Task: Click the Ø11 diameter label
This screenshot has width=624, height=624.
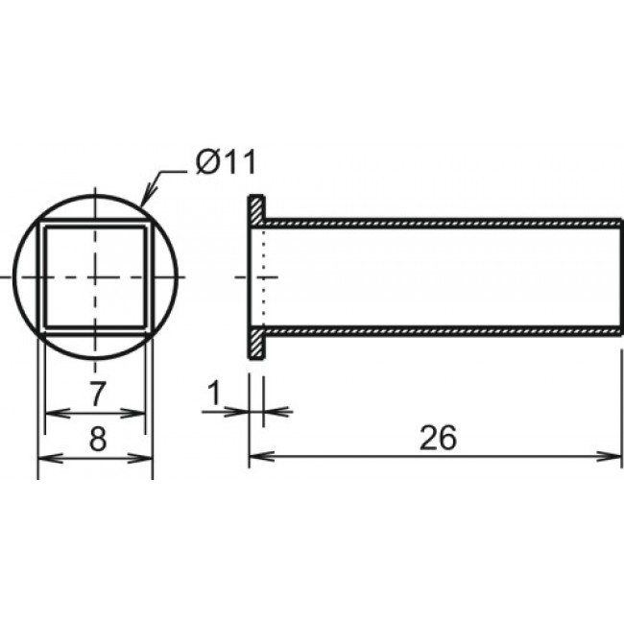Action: (x=225, y=162)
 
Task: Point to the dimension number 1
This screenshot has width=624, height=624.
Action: (x=214, y=392)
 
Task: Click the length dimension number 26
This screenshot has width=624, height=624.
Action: (x=437, y=437)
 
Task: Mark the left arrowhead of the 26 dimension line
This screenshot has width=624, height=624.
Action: (x=256, y=456)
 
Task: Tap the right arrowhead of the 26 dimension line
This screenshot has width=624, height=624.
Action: (x=613, y=456)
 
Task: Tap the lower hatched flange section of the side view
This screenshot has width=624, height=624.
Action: (x=256, y=343)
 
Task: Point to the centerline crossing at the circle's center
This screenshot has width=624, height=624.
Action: (x=95, y=276)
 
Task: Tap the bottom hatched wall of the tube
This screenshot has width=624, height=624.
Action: (x=442, y=329)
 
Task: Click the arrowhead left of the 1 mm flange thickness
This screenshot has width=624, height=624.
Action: (x=240, y=412)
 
